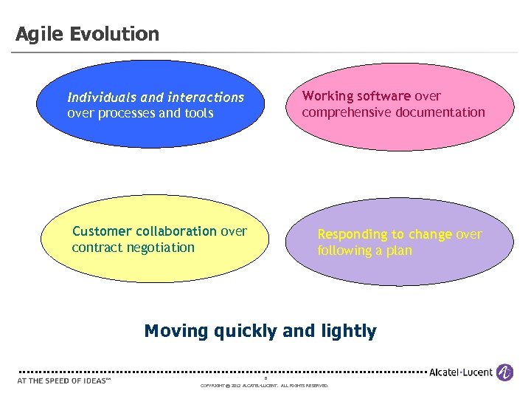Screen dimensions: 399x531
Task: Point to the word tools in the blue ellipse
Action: pyautogui.click(x=198, y=113)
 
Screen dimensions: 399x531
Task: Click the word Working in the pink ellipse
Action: pyautogui.click(x=327, y=96)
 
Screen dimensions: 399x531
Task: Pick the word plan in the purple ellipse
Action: pyautogui.click(x=399, y=250)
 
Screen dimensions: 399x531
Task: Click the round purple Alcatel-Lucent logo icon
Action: pyautogui.click(x=504, y=372)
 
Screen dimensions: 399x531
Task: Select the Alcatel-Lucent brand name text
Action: pyautogui.click(x=461, y=372)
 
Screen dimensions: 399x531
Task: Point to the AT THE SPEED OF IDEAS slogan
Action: pyautogui.click(x=63, y=381)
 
